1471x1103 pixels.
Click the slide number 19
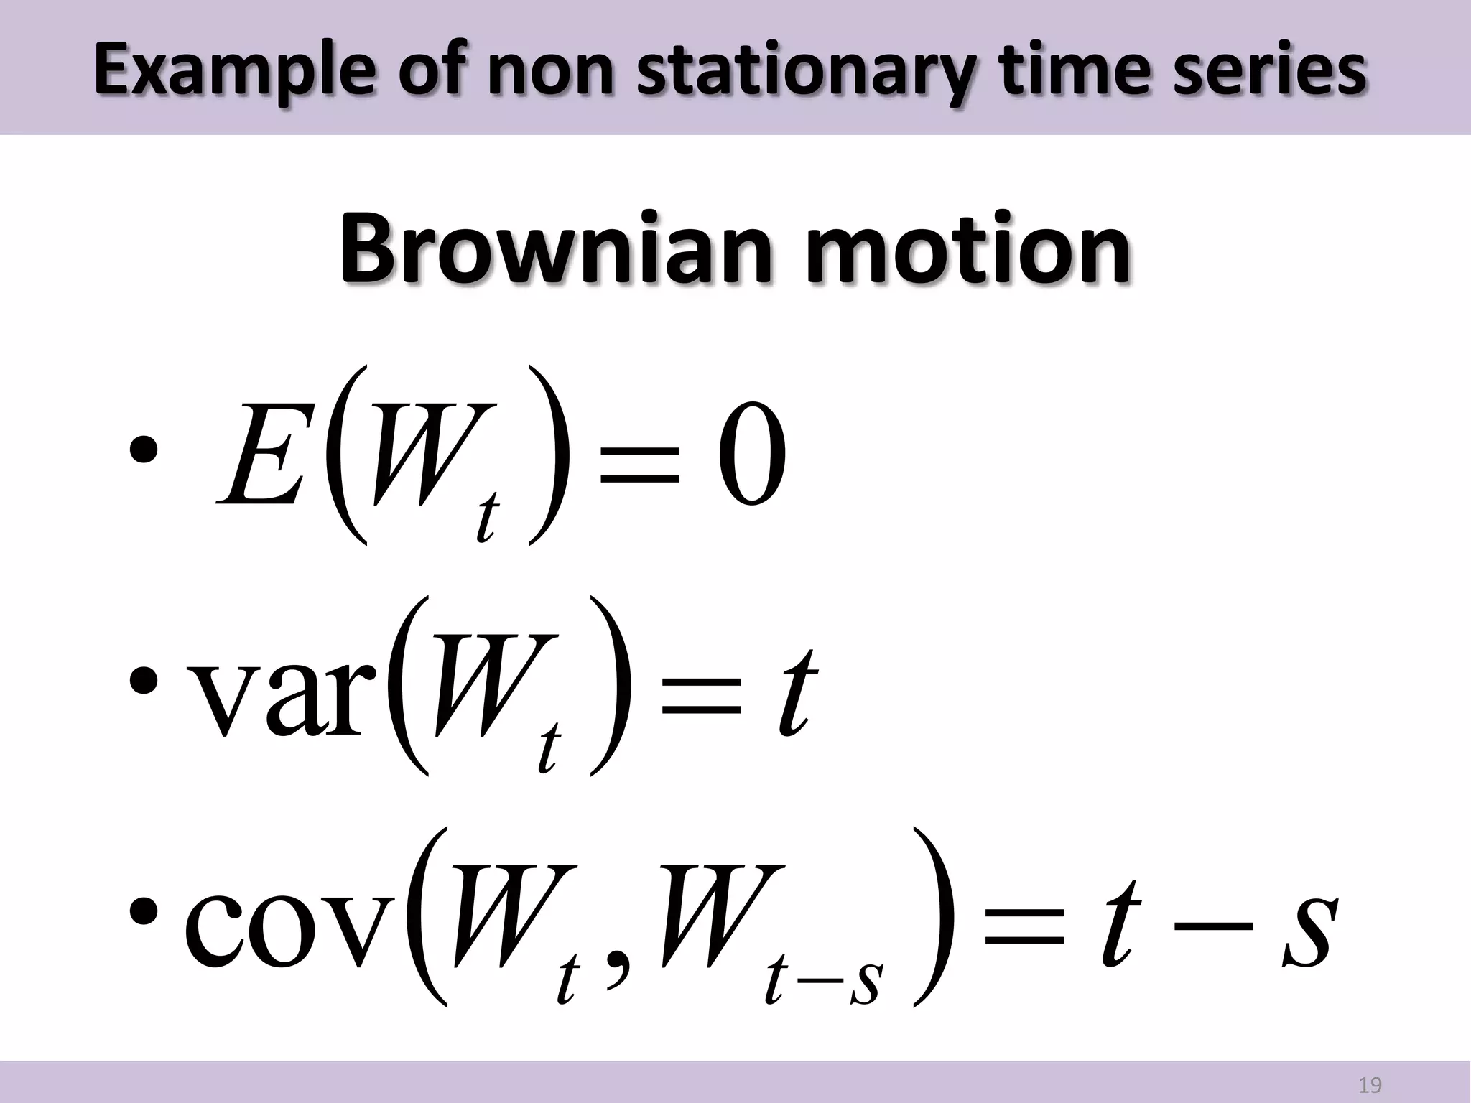[x=1370, y=1084]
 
